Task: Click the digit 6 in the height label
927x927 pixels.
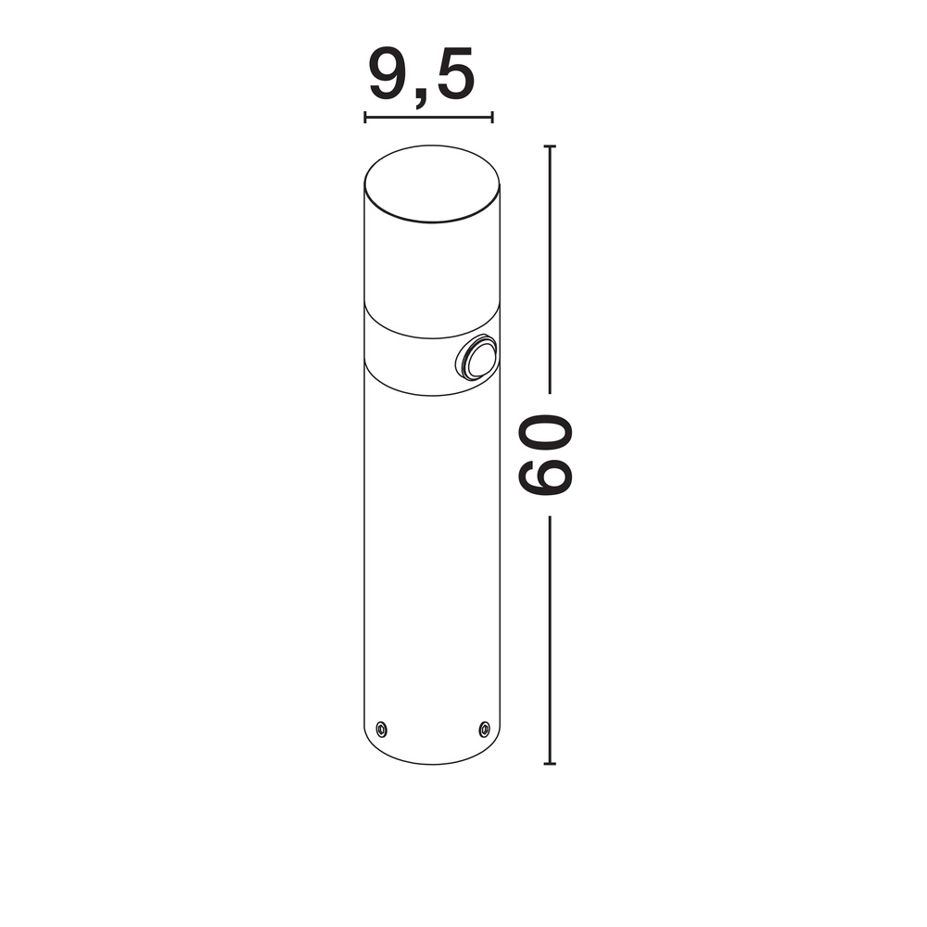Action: pyautogui.click(x=545, y=472)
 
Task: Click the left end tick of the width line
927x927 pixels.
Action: pyautogui.click(x=365, y=118)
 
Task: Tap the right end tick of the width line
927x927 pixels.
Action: pyautogui.click(x=492, y=118)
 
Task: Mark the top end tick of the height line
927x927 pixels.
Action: pyautogui.click(x=550, y=146)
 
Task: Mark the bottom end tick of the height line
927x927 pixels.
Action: pyautogui.click(x=550, y=764)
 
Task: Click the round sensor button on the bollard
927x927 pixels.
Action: pyautogui.click(x=476, y=358)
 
